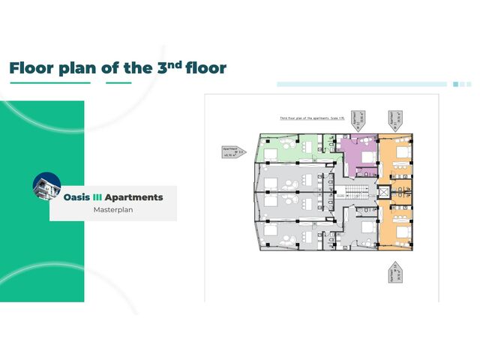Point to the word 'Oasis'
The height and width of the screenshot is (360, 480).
(76, 197)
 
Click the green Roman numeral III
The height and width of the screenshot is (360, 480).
(97, 197)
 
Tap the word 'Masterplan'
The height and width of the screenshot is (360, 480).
(112, 210)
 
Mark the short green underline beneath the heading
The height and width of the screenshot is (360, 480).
(118, 83)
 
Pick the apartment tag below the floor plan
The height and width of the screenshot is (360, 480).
(394, 274)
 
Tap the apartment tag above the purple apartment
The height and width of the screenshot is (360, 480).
(361, 120)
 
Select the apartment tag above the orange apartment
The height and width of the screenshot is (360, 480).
(394, 120)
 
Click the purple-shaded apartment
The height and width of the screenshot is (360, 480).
(356, 154)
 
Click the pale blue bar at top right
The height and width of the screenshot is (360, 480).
(364, 84)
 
